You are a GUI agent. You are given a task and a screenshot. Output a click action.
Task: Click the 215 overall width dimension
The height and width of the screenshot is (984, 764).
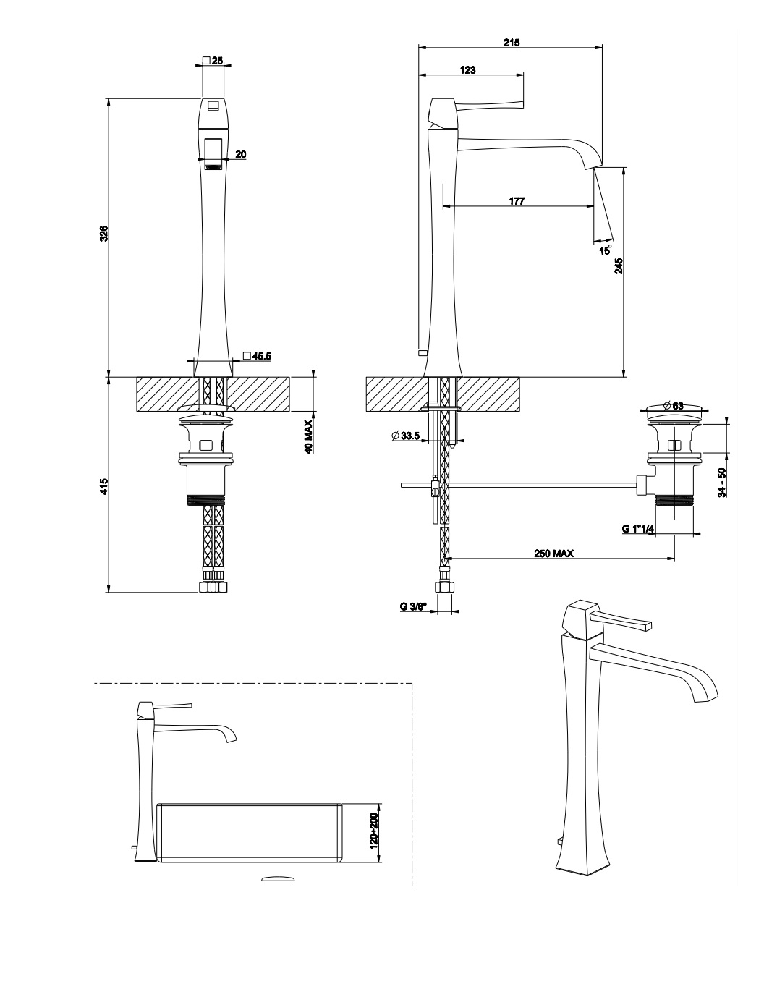pos(511,43)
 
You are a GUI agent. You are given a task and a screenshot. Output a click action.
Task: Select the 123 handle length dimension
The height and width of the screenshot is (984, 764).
pos(468,69)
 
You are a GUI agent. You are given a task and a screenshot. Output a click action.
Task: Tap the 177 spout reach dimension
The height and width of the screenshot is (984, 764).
pos(517,201)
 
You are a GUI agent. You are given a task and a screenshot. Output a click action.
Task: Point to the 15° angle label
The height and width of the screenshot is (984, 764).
pos(606,250)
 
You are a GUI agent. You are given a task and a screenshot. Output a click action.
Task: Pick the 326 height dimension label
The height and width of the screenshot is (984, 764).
pos(103,233)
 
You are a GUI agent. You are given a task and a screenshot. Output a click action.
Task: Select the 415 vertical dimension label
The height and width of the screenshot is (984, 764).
pos(103,485)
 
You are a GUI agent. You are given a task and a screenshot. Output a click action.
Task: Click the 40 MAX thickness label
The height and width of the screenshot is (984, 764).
pos(308,436)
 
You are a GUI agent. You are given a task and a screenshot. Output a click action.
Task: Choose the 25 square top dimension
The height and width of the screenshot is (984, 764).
pos(213,61)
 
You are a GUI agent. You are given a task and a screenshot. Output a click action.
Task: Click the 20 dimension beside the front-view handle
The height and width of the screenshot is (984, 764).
pos(241,154)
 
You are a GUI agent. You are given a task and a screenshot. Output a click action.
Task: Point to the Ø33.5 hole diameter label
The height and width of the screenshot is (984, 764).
pos(406,436)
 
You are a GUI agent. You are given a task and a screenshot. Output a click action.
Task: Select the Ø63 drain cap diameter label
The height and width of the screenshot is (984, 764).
pos(674,406)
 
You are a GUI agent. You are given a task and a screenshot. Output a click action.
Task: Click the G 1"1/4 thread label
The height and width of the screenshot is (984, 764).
pos(637,529)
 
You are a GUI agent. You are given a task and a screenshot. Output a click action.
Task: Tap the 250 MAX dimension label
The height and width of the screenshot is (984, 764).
pos(553,553)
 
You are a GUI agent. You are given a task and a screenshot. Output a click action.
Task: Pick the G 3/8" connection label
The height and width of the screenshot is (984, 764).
pos(415,606)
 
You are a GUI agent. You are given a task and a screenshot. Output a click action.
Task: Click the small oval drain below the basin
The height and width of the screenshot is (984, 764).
pos(278,878)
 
